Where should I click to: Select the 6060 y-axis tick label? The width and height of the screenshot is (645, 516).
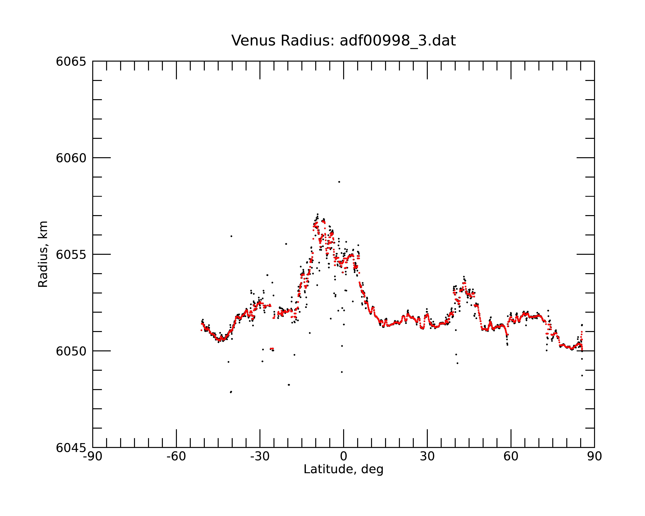[71, 158]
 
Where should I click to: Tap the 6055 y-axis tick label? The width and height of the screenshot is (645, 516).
[71, 255]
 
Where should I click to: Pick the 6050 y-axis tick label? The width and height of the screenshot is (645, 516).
[71, 352]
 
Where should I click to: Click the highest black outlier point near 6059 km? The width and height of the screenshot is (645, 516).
[339, 182]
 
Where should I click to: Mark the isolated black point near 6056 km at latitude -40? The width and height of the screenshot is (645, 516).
[231, 236]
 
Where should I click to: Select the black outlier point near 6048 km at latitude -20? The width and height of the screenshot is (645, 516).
[289, 385]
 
